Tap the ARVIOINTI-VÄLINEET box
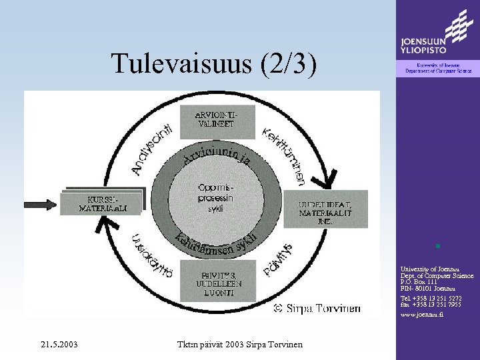pos(215,118)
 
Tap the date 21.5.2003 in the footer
pos(59,344)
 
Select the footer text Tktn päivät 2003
pos(239,344)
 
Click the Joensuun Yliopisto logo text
pos(423,44)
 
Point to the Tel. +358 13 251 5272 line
pos(433,298)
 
